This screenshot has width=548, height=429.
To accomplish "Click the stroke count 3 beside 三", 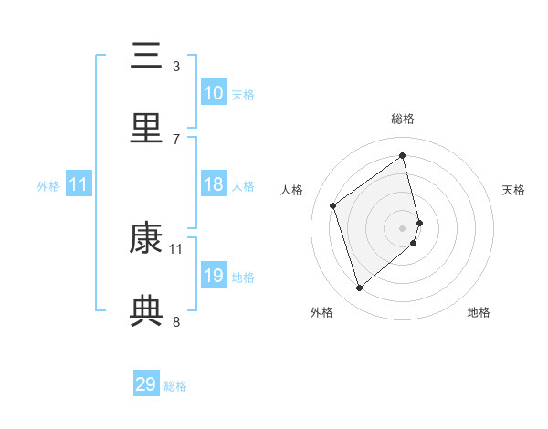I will [176, 66].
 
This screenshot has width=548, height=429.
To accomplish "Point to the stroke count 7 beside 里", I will [176, 139].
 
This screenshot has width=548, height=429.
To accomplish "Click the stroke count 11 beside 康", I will [176, 248].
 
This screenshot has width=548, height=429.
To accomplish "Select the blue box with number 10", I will [214, 93].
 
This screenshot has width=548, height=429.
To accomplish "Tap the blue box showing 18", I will [214, 184].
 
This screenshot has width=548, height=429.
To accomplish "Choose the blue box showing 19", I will [214, 276].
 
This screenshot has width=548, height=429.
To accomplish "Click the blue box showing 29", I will [146, 384].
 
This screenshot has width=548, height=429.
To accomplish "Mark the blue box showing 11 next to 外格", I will [78, 184].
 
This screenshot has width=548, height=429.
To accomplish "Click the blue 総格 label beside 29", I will [175, 386].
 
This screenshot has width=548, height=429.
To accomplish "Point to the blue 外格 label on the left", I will [48, 185].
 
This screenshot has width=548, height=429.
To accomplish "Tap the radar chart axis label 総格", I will [403, 119].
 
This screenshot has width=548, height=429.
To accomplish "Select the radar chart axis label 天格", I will [513, 190].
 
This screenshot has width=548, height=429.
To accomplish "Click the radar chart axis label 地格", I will [479, 312].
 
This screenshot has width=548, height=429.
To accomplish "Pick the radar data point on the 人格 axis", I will [333, 205].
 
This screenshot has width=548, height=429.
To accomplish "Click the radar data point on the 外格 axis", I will [359, 288].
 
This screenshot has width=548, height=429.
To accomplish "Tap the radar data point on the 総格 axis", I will [403, 155].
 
